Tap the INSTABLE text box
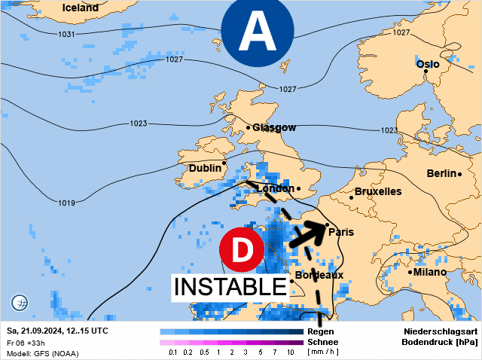coord(231,287)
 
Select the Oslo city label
coord(428,64)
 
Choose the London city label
coord(275,188)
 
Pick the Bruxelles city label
coord(377,192)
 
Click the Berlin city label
coord(442,173)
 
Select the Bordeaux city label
coord(319,275)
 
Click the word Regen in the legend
coord(321,331)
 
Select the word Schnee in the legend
coord(323,342)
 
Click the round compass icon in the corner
coord(20,304)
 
